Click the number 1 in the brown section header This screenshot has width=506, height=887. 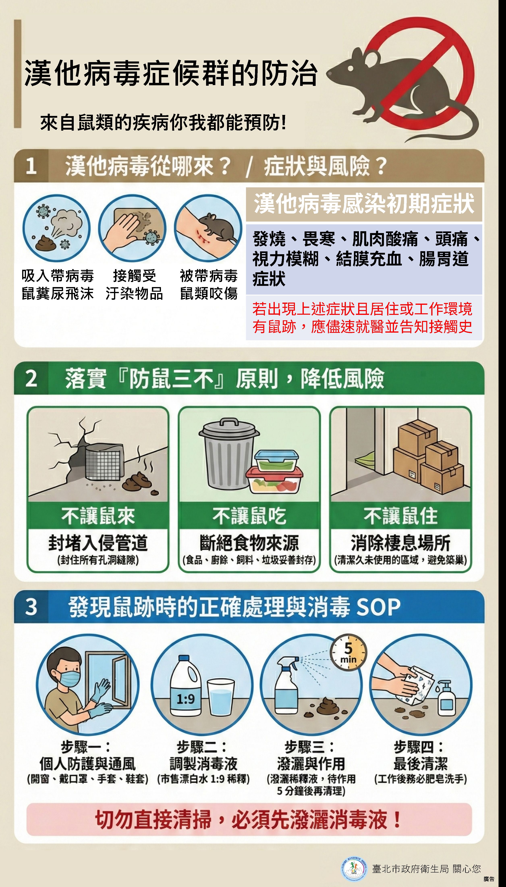[x=31, y=166]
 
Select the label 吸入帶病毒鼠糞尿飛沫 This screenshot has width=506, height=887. [x=58, y=284]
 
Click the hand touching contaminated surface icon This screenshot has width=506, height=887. [x=132, y=228]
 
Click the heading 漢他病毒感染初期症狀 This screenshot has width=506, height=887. [x=364, y=204]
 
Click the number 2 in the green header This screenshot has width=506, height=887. [x=31, y=378]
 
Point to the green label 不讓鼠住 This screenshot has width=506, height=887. [x=400, y=516]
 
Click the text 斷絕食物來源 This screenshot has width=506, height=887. [x=249, y=543]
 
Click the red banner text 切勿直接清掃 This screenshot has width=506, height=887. [x=249, y=819]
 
